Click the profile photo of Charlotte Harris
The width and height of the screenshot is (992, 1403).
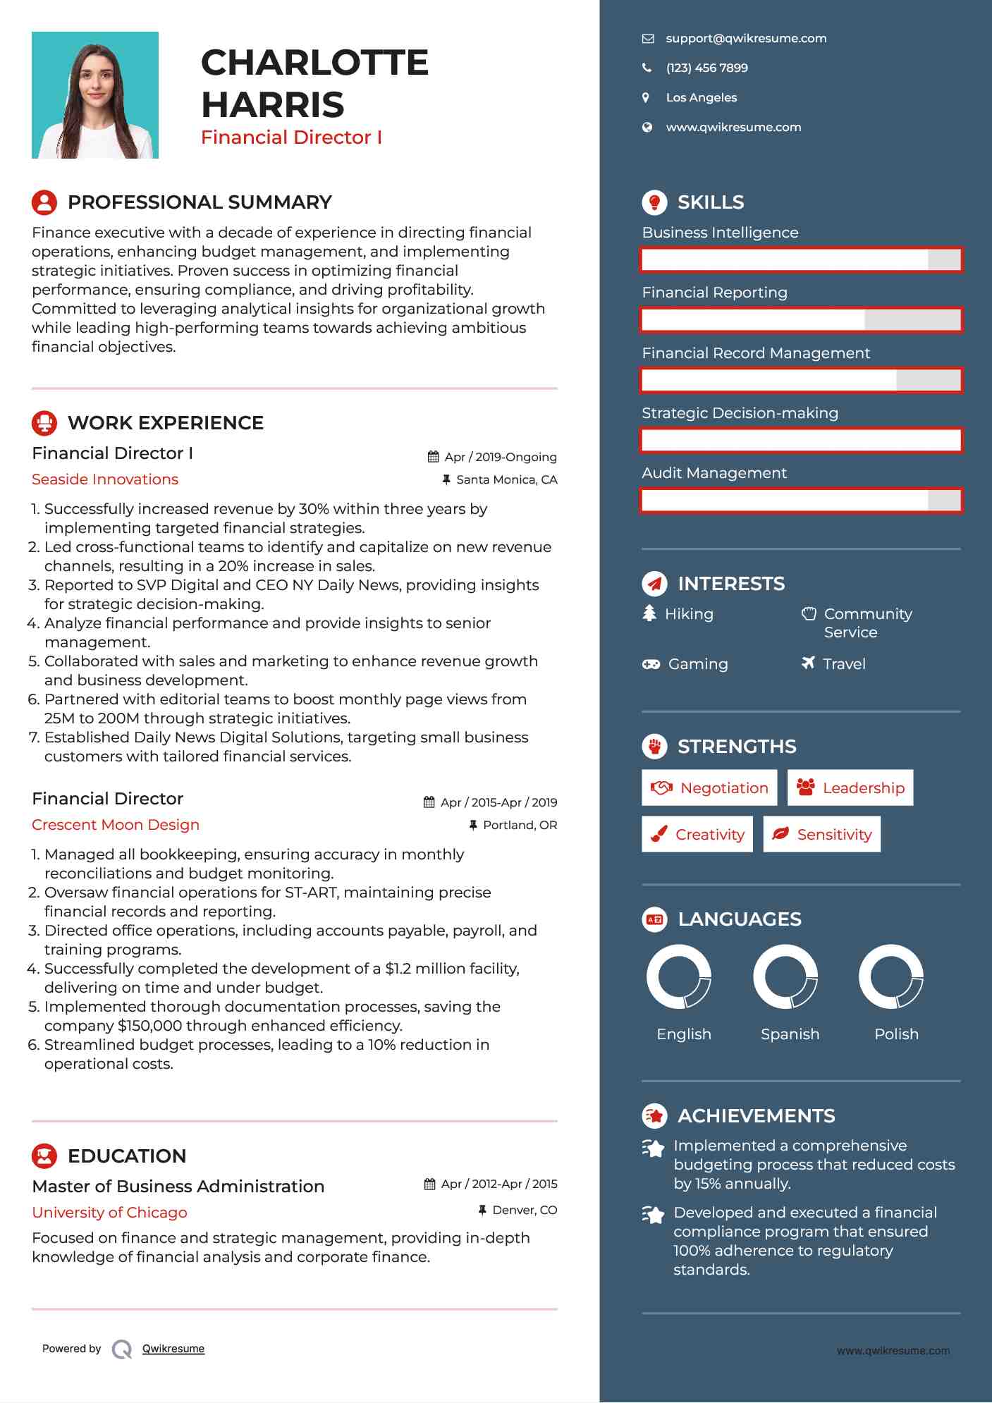pos(95,95)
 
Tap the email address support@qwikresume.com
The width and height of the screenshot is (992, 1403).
pos(746,39)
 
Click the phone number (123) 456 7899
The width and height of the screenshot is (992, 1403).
pos(706,68)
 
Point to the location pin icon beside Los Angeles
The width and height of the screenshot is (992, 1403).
pos(646,98)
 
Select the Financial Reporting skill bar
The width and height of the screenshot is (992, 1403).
pos(801,320)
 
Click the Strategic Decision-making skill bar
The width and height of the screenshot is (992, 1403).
pos(801,441)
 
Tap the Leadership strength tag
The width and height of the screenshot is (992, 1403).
pos(850,788)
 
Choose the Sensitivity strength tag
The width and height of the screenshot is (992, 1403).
pos(822,835)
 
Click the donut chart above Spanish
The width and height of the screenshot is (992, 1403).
pos(785,977)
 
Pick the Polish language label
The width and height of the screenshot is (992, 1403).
pos(896,1034)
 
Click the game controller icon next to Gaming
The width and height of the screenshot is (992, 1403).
pos(651,664)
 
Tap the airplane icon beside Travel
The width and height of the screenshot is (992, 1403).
pos(808,663)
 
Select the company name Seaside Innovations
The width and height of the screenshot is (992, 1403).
pos(105,479)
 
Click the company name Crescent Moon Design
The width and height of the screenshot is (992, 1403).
pos(116,825)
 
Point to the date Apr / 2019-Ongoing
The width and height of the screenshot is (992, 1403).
pos(500,457)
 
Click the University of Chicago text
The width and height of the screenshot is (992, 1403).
pos(109,1213)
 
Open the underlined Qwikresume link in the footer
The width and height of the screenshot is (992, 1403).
pos(173,1349)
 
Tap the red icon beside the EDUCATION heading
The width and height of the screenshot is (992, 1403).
pos(44,1156)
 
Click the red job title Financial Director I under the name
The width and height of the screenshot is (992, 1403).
pos(291,137)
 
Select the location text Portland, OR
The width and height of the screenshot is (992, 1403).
pos(520,825)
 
